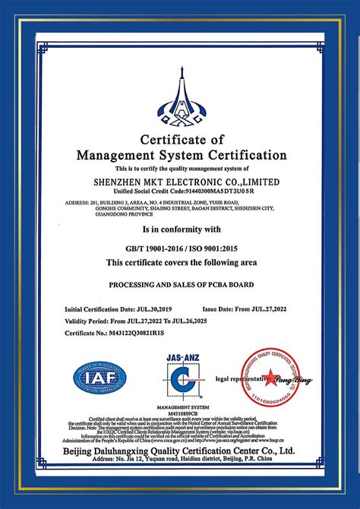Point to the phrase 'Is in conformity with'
[181, 228]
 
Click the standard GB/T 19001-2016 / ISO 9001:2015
[181, 248]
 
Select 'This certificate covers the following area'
[181, 263]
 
